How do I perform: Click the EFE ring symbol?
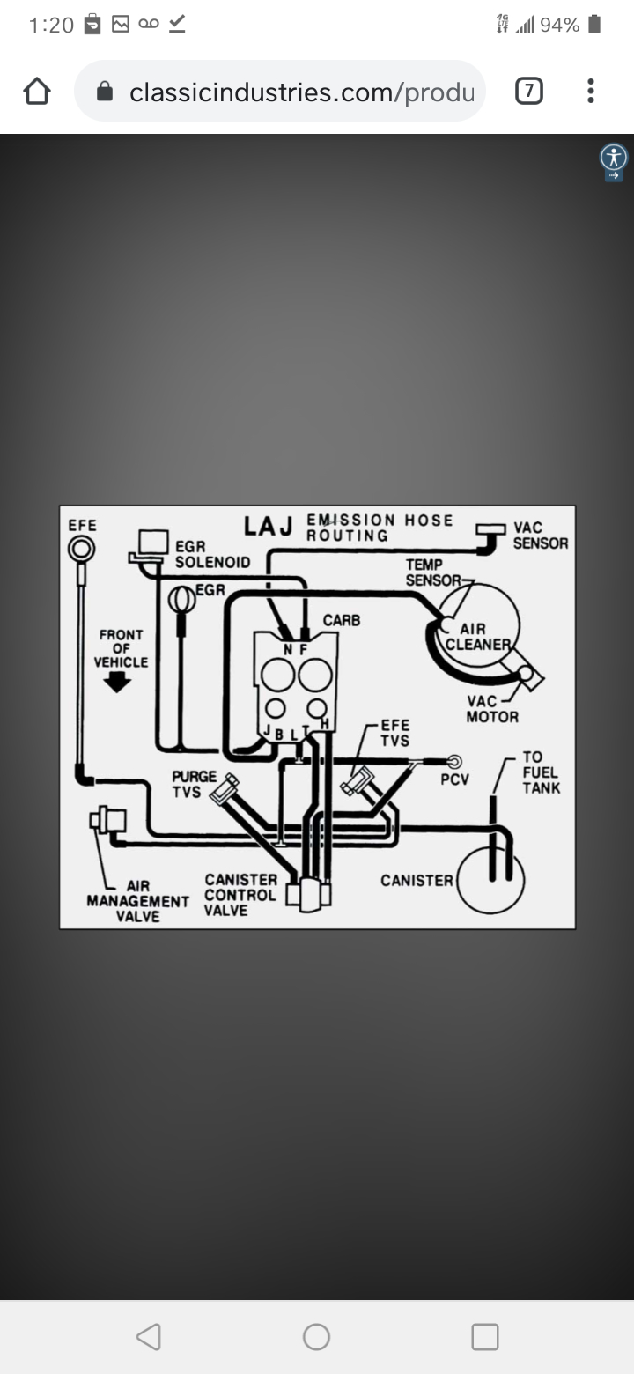[81, 550]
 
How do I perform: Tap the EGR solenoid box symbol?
[153, 541]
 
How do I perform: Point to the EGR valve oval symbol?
[182, 599]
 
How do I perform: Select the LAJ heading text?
[269, 527]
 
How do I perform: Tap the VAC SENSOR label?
[541, 536]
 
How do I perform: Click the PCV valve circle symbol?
[455, 762]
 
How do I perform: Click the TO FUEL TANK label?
[540, 772]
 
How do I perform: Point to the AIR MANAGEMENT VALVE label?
[137, 901]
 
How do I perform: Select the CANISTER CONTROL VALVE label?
[240, 894]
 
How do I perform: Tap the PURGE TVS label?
[194, 784]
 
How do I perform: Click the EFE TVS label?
[394, 733]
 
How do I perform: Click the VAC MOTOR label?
[491, 709]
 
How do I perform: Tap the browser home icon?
[37, 92]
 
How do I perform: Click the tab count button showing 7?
[528, 92]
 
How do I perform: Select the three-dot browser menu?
[590, 92]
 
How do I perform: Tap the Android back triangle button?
[149, 1337]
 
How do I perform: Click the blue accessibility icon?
[614, 159]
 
